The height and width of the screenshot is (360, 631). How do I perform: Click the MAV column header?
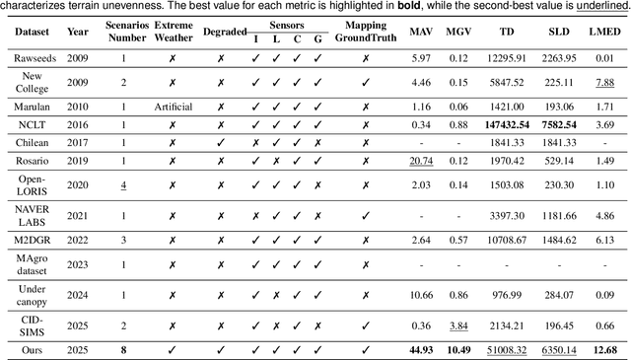click(x=421, y=31)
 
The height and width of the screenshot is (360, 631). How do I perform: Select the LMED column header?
click(x=604, y=31)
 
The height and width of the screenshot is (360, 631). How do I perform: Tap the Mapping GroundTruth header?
click(x=365, y=32)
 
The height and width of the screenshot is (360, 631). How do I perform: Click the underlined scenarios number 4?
click(x=123, y=184)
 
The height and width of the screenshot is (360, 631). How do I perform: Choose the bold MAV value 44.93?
click(x=421, y=349)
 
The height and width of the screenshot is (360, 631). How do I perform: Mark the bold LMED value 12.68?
click(x=604, y=349)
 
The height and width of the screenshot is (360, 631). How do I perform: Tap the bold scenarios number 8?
click(x=123, y=349)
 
